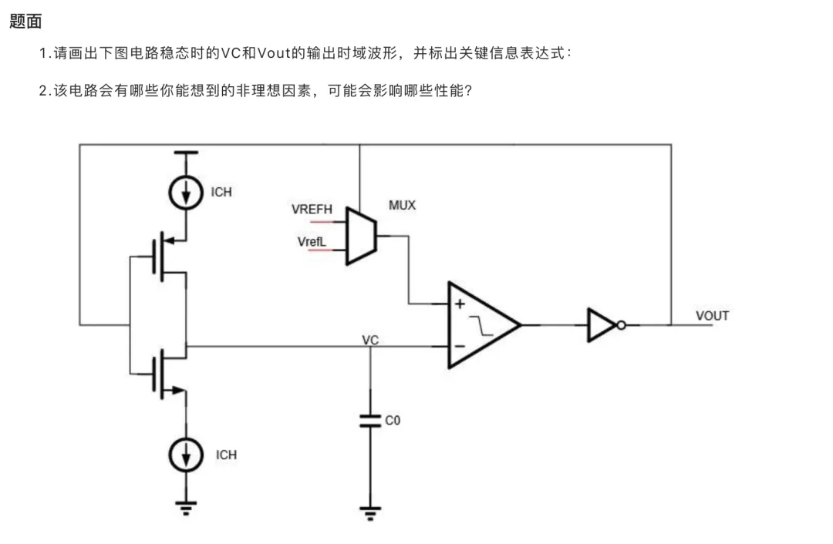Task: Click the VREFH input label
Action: click(312, 209)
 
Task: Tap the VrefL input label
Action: click(312, 242)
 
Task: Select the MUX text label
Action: click(402, 206)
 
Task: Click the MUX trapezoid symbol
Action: click(361, 236)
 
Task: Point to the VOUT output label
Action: click(713, 316)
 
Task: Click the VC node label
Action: click(370, 340)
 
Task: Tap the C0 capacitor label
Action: click(393, 421)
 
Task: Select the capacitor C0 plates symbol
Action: click(370, 421)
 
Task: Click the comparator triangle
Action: click(484, 325)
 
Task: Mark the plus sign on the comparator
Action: click(460, 304)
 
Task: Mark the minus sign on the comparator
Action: click(460, 347)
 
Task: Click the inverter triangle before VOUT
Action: click(602, 325)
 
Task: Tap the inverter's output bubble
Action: click(621, 325)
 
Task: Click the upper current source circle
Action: click(186, 193)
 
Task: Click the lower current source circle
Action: click(186, 455)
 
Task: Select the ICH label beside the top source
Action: click(221, 192)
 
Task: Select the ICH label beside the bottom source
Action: click(226, 455)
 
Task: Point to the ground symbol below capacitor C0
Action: click(370, 513)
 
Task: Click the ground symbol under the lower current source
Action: click(186, 508)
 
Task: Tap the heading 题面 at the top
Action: click(25, 22)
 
